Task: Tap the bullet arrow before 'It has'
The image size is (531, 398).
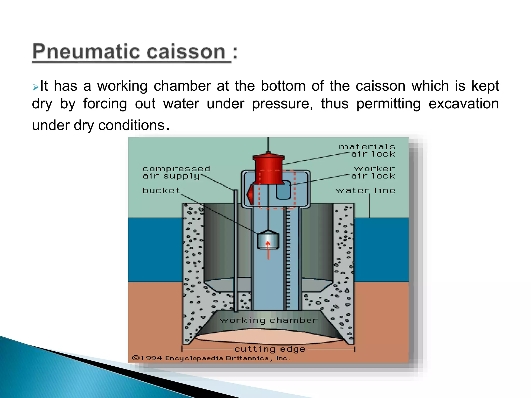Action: click(36, 87)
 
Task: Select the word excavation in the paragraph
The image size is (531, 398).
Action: click(463, 104)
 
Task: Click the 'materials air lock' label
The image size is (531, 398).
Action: click(367, 150)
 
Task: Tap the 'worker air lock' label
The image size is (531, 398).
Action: click(373, 172)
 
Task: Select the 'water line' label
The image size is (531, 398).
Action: click(365, 190)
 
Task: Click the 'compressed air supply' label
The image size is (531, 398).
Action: click(176, 172)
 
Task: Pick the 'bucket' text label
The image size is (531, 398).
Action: click(161, 190)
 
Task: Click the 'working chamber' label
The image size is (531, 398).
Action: click(269, 321)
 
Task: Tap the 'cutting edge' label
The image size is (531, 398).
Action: click(270, 349)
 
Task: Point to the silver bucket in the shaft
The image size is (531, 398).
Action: click(268, 240)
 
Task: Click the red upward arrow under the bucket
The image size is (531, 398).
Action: click(268, 250)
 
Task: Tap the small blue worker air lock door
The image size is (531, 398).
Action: click(283, 190)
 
